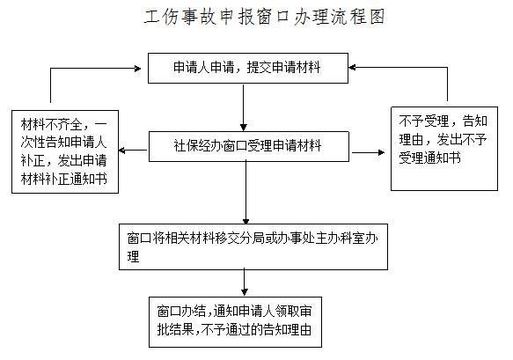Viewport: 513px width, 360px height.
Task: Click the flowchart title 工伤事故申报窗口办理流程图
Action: coord(264,17)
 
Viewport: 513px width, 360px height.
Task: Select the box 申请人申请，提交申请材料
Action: coord(248,68)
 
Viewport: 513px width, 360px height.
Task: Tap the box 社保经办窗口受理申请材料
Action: coord(249,146)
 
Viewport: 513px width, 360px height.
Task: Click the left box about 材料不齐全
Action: coord(65,151)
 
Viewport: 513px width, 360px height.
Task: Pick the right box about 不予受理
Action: coord(444,149)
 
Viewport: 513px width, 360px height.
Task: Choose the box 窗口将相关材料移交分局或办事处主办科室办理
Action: coord(253,246)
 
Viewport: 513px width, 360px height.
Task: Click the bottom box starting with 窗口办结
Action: coord(235,322)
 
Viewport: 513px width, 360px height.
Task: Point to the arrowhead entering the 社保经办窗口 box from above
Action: coord(244,128)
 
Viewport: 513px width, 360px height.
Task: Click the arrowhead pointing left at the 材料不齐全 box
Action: coord(121,151)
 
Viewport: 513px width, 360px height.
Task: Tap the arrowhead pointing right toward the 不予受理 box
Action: coord(381,152)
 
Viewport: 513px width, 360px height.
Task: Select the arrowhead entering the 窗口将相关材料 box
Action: coord(246,221)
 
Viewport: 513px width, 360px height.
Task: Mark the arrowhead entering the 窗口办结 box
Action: coord(245,292)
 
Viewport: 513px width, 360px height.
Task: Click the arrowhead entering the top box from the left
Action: coord(138,69)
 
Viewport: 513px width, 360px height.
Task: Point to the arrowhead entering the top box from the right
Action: coord(352,68)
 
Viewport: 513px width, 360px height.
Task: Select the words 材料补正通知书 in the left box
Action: coord(64,179)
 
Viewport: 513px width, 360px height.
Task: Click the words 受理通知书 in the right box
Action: coord(429,158)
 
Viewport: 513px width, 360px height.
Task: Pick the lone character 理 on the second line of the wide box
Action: coord(133,257)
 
